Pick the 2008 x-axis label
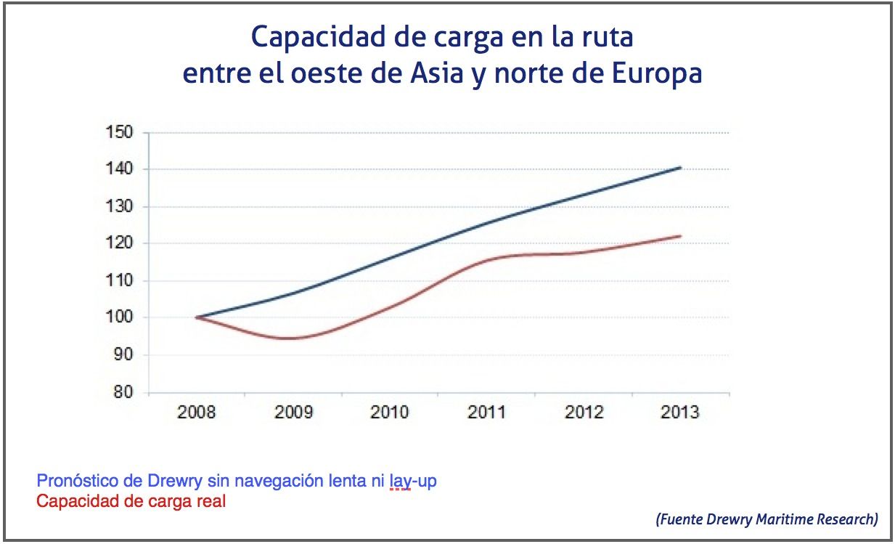pos(197,413)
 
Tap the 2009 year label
pos(293,413)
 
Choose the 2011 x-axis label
pos(487,413)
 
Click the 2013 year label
pos(680,413)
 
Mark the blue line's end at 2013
pos(681,167)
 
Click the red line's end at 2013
pos(681,235)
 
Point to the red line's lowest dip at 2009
pos(292,338)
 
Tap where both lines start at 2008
pos(197,317)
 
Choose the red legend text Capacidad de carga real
pos(131,500)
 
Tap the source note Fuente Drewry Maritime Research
pos(767,519)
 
